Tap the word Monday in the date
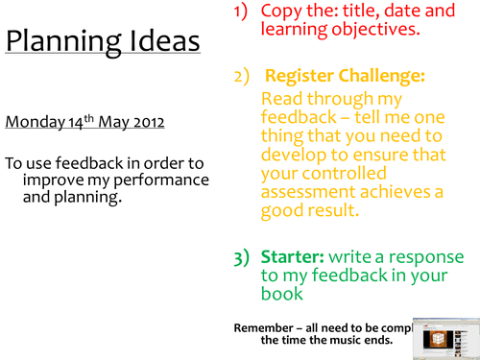32,122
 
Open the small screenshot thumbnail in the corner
444,336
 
